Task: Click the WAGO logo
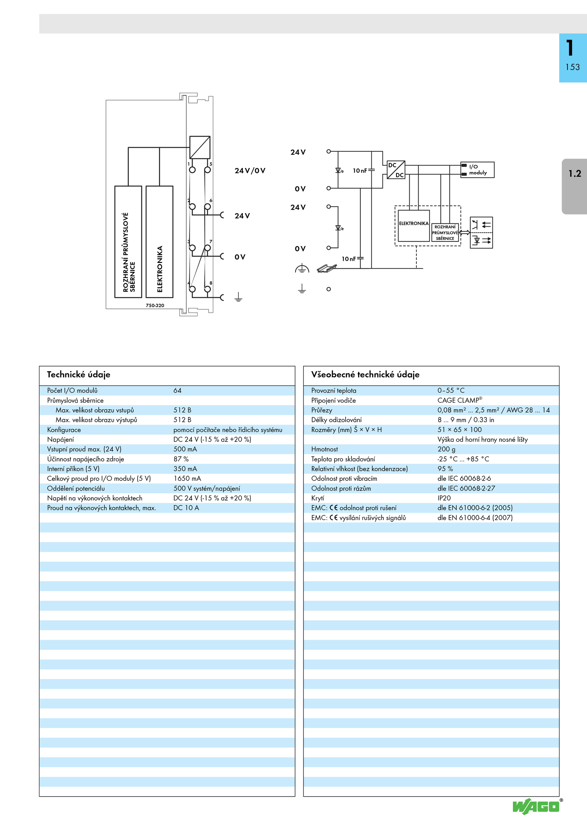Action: coord(536,807)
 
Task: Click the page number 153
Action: coord(572,67)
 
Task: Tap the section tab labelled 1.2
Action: coord(575,186)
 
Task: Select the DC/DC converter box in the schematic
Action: coord(396,170)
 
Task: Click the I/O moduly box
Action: coord(477,170)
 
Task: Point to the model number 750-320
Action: coord(155,305)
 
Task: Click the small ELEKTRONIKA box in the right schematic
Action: coord(414,226)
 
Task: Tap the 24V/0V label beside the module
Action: coord(250,171)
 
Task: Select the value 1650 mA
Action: coord(187,478)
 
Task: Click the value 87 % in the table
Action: coord(181,459)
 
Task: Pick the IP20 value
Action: coord(444,498)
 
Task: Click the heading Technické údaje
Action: coord(79,374)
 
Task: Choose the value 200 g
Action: coord(446,449)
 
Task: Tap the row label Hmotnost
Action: coord(324,449)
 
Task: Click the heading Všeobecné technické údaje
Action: coord(365,374)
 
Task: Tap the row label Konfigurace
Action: coord(64,429)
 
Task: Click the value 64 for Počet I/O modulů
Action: coord(178,390)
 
